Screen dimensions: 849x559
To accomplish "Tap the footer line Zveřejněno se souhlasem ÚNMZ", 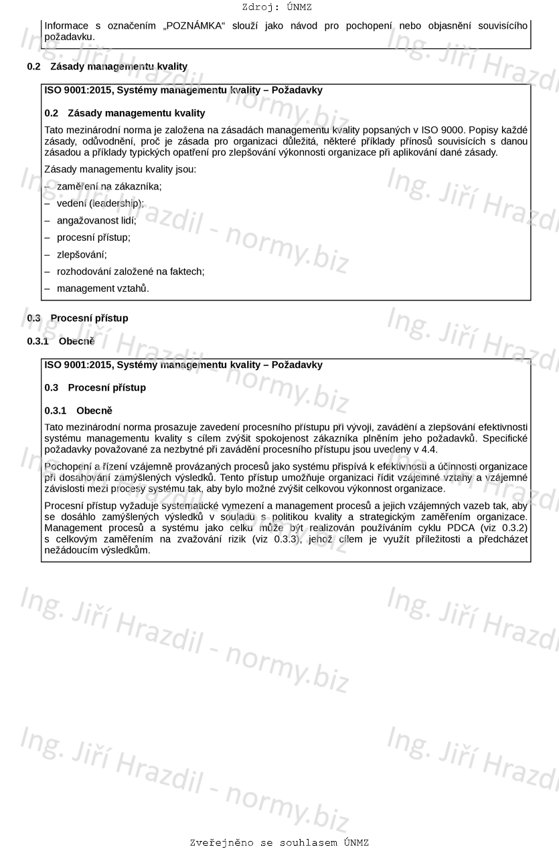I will pos(279,842).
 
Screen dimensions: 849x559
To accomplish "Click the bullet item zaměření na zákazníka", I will pos(109,186).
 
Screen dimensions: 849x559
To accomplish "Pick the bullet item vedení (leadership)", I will pos(100,203).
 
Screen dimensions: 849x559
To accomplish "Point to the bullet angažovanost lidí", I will pos(96,220).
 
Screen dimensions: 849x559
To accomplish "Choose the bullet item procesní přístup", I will pos(94,237).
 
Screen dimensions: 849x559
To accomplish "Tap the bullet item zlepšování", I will pos(82,254).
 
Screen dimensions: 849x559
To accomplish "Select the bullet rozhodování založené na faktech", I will pos(131,271).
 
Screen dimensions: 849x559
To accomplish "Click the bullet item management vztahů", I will pos(102,288).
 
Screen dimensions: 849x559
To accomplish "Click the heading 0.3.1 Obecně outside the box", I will pos(61,341).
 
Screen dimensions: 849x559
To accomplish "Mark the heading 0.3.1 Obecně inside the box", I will pos(78,411).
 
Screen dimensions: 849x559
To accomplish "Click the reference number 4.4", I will pos(428,449).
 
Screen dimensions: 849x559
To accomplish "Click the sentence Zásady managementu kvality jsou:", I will pos(121,169).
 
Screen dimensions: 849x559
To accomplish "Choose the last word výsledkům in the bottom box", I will pos(128,551).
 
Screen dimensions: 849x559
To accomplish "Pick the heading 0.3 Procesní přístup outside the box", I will pos(78,318).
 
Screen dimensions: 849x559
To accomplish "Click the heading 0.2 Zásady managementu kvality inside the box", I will pos(125,113).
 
